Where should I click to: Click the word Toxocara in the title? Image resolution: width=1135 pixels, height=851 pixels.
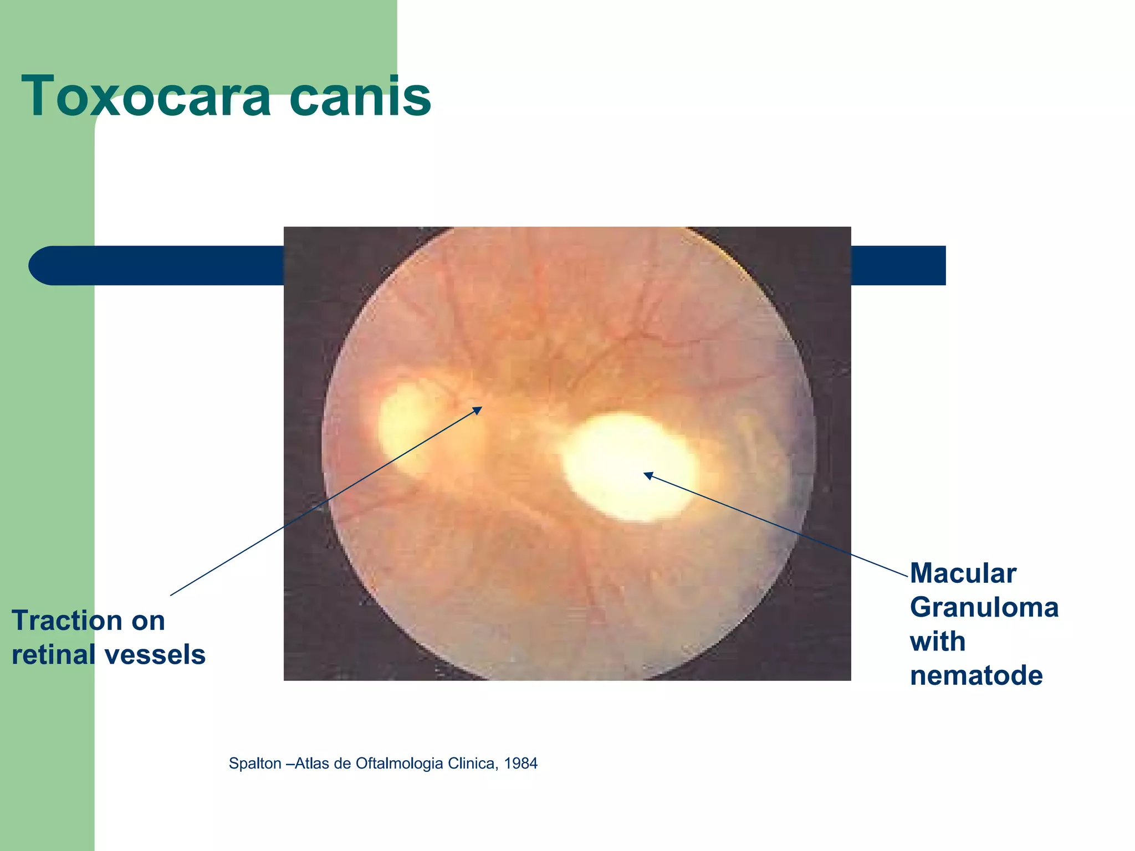(146, 97)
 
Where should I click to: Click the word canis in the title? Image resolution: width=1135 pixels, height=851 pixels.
(360, 97)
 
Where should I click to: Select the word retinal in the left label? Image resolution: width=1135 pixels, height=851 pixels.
(53, 655)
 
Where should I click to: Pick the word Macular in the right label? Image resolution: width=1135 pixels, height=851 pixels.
(963, 573)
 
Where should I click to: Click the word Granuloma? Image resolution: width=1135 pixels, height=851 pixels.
(984, 608)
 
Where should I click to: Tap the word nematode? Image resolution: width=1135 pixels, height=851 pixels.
(976, 676)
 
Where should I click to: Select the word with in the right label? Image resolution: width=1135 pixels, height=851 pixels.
(938, 642)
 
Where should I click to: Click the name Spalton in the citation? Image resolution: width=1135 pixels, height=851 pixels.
(255, 763)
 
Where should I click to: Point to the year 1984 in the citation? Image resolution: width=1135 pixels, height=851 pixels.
(521, 763)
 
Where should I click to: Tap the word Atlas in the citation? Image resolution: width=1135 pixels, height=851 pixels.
(313, 763)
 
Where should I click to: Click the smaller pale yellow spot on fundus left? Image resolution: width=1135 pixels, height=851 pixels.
(405, 427)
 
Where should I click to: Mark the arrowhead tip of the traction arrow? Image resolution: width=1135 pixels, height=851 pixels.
(482, 407)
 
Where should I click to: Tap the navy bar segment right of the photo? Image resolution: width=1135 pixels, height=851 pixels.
(898, 265)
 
